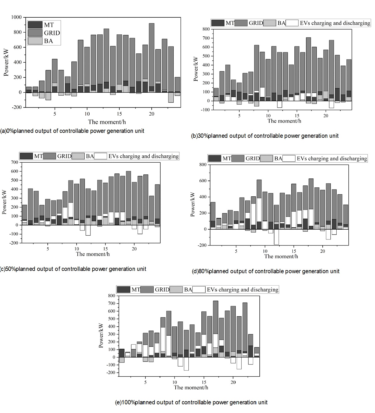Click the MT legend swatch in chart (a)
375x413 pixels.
pos(35,25)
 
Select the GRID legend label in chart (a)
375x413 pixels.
pos(52,33)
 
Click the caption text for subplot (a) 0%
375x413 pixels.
pos(72,131)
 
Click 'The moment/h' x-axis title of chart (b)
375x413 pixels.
pos(284,121)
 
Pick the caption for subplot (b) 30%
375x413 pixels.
pos(265,136)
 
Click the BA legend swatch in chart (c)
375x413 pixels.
pos(78,156)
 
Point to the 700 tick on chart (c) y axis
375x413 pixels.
pos(14,162)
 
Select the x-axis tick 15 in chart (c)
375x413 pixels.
pos(105,248)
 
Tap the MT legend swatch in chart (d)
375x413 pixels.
pos(215,158)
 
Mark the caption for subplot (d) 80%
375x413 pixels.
pos(266,271)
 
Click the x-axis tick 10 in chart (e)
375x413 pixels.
pos(174,382)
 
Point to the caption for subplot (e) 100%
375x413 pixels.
pos(191,402)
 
